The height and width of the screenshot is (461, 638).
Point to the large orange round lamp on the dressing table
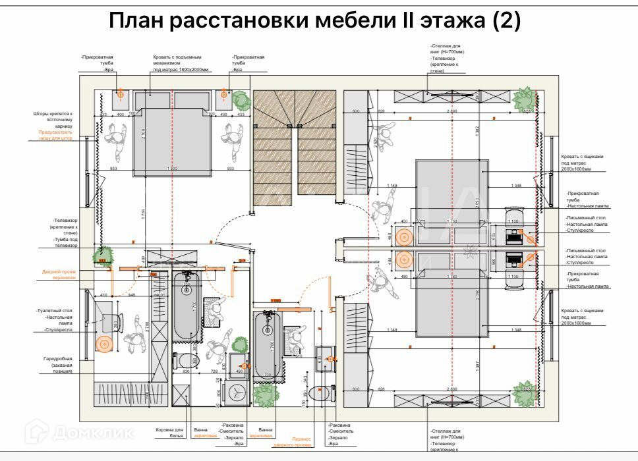click(x=103, y=343)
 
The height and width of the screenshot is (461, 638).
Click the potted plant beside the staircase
click(x=242, y=100)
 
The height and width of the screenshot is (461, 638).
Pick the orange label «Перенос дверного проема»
click(x=292, y=441)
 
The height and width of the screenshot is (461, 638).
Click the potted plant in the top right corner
click(x=526, y=100)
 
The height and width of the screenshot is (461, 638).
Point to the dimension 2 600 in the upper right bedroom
click(x=452, y=111)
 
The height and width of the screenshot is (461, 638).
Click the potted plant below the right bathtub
click(x=266, y=395)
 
